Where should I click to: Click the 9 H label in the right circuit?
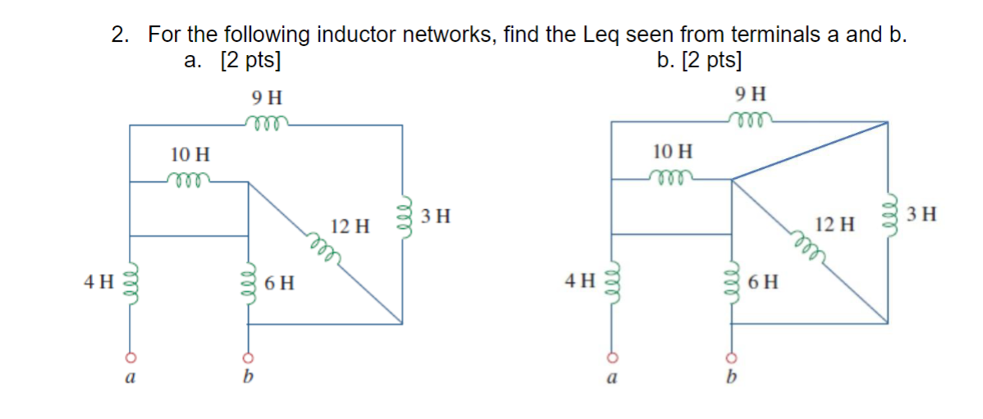tap(751, 93)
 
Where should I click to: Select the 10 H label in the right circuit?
tap(672, 151)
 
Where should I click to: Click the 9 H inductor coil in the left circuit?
tap(266, 122)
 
